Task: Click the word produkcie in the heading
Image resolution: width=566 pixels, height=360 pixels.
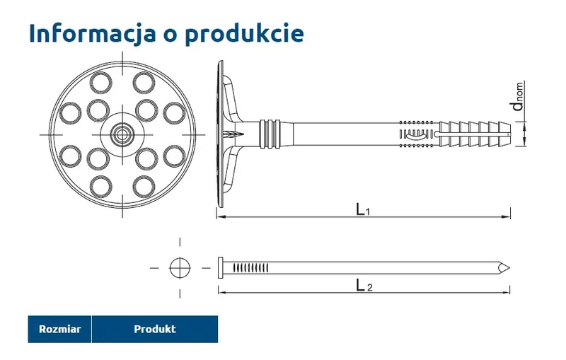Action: [244, 33]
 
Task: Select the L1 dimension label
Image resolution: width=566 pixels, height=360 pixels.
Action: [363, 209]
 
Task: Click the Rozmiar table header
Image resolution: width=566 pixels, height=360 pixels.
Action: [60, 329]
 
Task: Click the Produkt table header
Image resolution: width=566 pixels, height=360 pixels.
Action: [154, 329]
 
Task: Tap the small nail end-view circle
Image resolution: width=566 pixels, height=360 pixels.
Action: [180, 267]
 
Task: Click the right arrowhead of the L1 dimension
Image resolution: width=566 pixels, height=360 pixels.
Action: [507, 215]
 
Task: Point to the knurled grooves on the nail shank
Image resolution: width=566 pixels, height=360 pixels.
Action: [251, 267]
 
